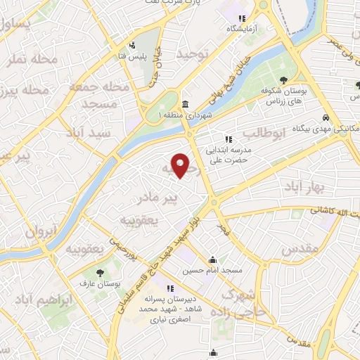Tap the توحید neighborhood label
pos(193,54)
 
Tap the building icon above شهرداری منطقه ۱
pos(184,104)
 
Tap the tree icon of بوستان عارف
pos(98,273)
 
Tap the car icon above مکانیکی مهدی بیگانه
pos(326,117)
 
